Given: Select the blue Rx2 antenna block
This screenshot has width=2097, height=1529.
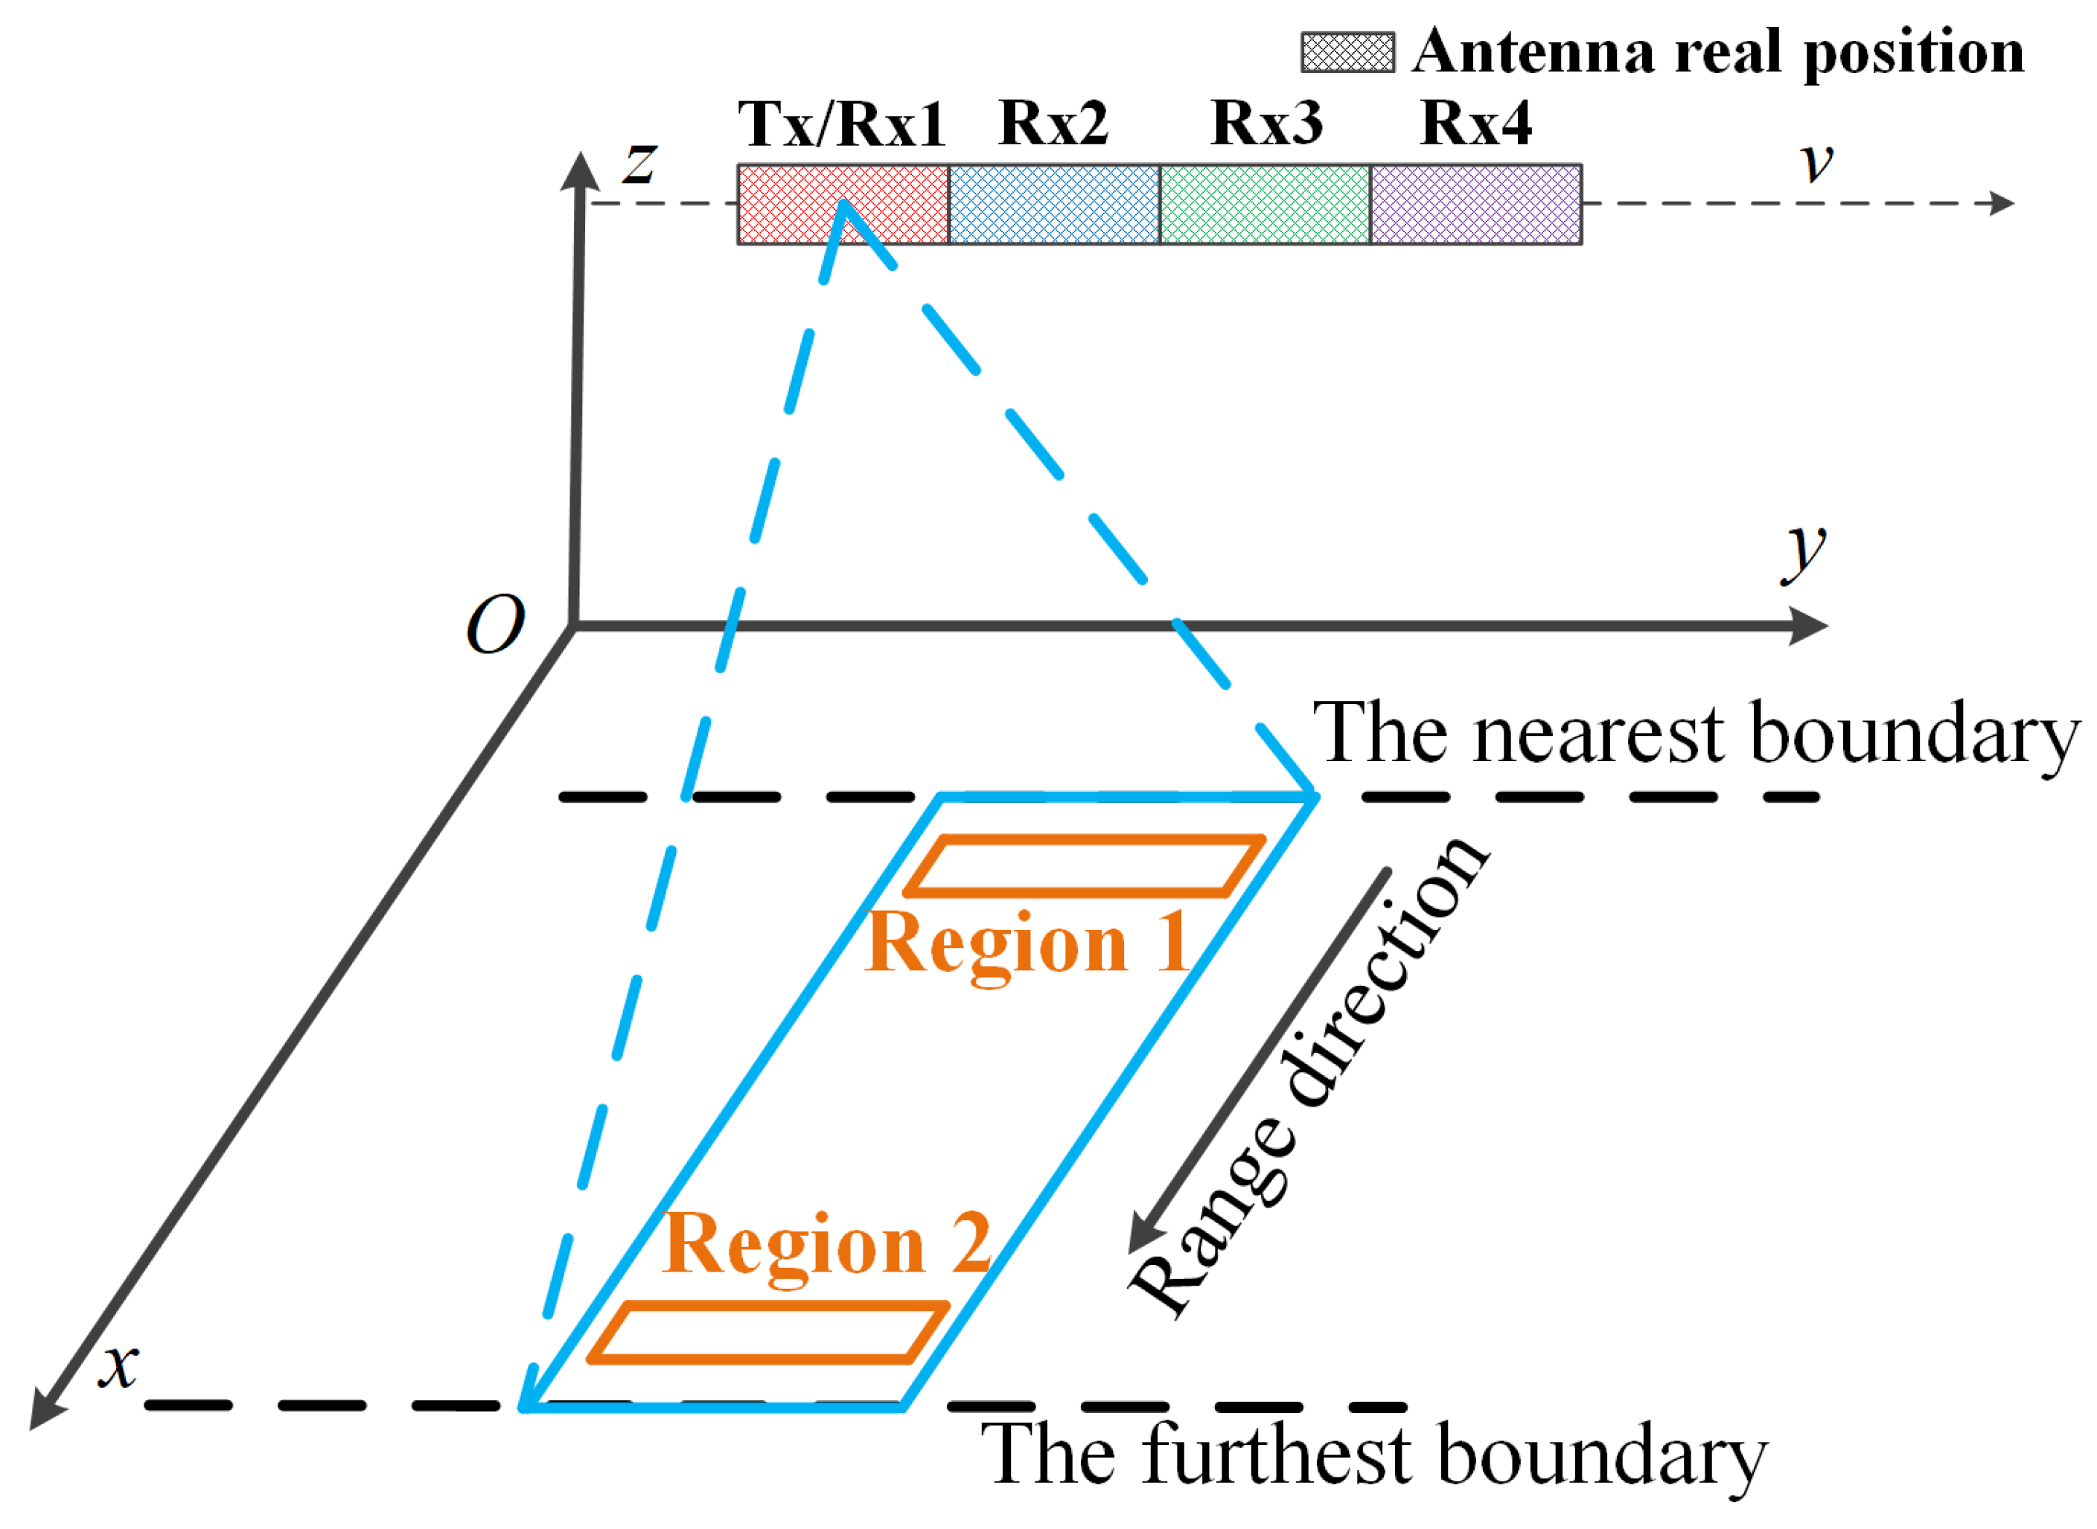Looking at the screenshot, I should [1053, 205].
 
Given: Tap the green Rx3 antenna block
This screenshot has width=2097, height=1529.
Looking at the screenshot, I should [1265, 205].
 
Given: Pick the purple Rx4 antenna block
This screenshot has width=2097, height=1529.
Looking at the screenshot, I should [1475, 205].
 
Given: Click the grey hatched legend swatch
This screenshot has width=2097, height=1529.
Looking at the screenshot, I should [1347, 53].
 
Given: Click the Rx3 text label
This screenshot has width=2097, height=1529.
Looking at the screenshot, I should [1266, 122].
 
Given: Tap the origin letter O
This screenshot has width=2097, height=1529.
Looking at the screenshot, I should [494, 625].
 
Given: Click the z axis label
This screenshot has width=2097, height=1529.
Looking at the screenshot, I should [639, 164].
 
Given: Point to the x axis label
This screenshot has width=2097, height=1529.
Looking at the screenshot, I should [119, 1365].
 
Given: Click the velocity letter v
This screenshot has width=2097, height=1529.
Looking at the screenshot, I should [1817, 162].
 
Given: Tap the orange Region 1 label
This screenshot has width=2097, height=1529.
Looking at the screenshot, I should [1028, 943].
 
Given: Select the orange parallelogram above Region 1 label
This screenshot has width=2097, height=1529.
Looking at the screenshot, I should [1084, 866].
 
